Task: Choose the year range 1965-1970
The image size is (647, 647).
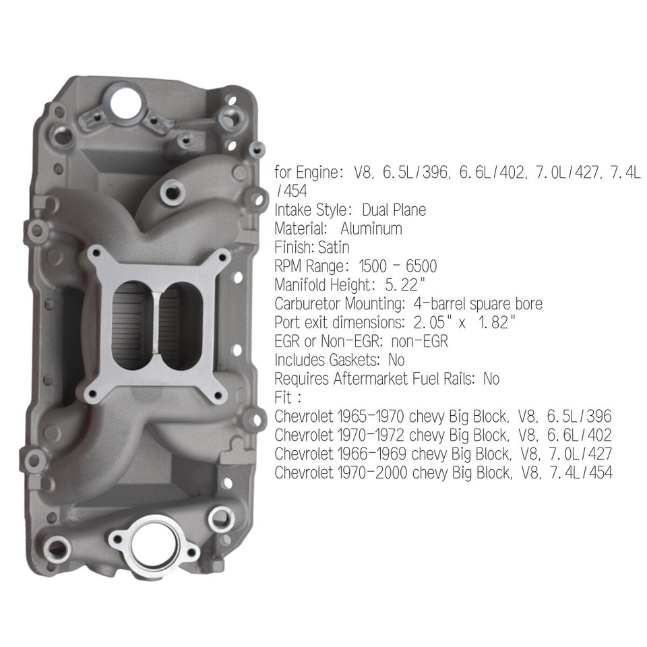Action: coord(369,417)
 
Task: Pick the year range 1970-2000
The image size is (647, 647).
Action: coord(369,473)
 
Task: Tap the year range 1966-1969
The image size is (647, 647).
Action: coord(369,454)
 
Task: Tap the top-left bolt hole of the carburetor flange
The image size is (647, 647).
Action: coord(96,254)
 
